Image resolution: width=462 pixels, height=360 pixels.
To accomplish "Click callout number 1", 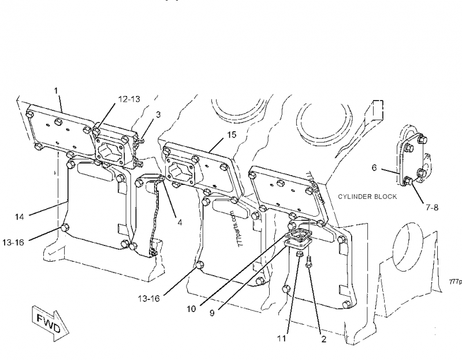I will [56, 90].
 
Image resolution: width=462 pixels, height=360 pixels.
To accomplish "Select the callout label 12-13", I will [129, 99].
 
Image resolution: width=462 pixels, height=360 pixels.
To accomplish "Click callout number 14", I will [20, 217].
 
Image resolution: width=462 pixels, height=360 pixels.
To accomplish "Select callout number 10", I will [191, 308].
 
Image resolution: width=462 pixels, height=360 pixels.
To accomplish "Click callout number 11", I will [281, 338].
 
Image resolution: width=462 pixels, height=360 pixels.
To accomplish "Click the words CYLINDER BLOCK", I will [368, 196].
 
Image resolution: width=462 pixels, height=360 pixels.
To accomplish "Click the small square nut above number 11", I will [299, 254].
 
